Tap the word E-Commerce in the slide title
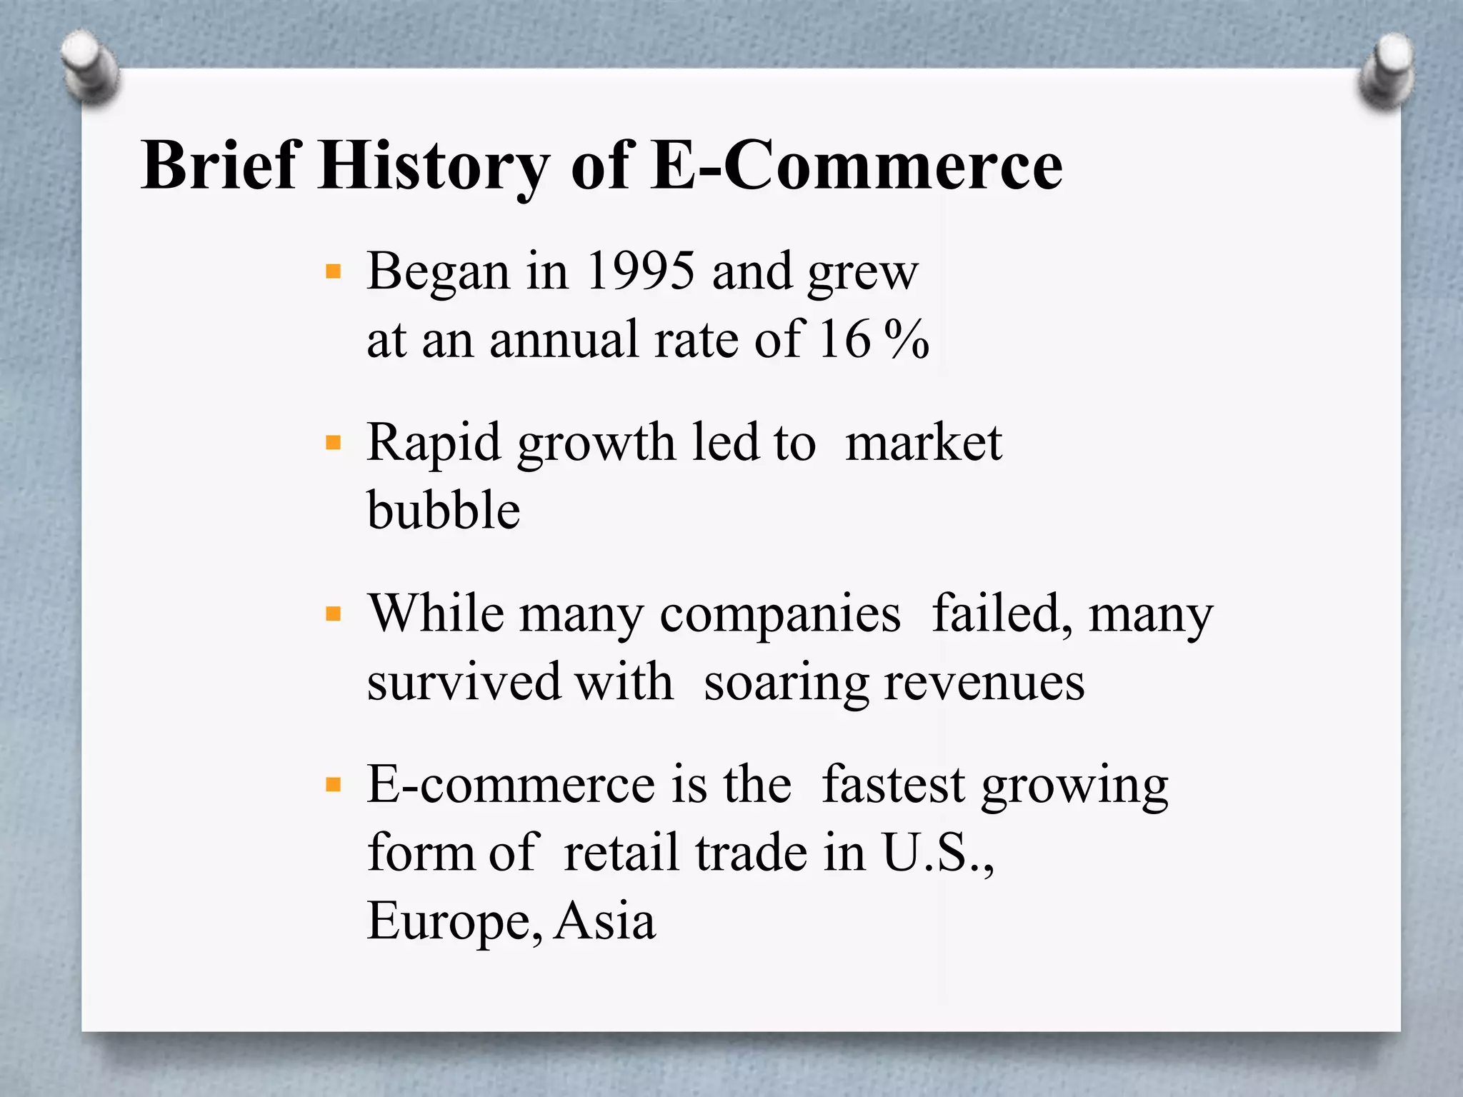[x=857, y=166]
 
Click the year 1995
[x=639, y=271]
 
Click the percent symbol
[x=906, y=339]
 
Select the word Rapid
[x=434, y=443]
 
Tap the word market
[x=924, y=443]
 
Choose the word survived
[x=464, y=682]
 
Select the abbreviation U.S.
[x=937, y=852]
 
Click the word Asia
[x=605, y=921]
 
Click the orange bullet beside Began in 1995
[x=333, y=271]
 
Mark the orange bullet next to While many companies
[x=333, y=613]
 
